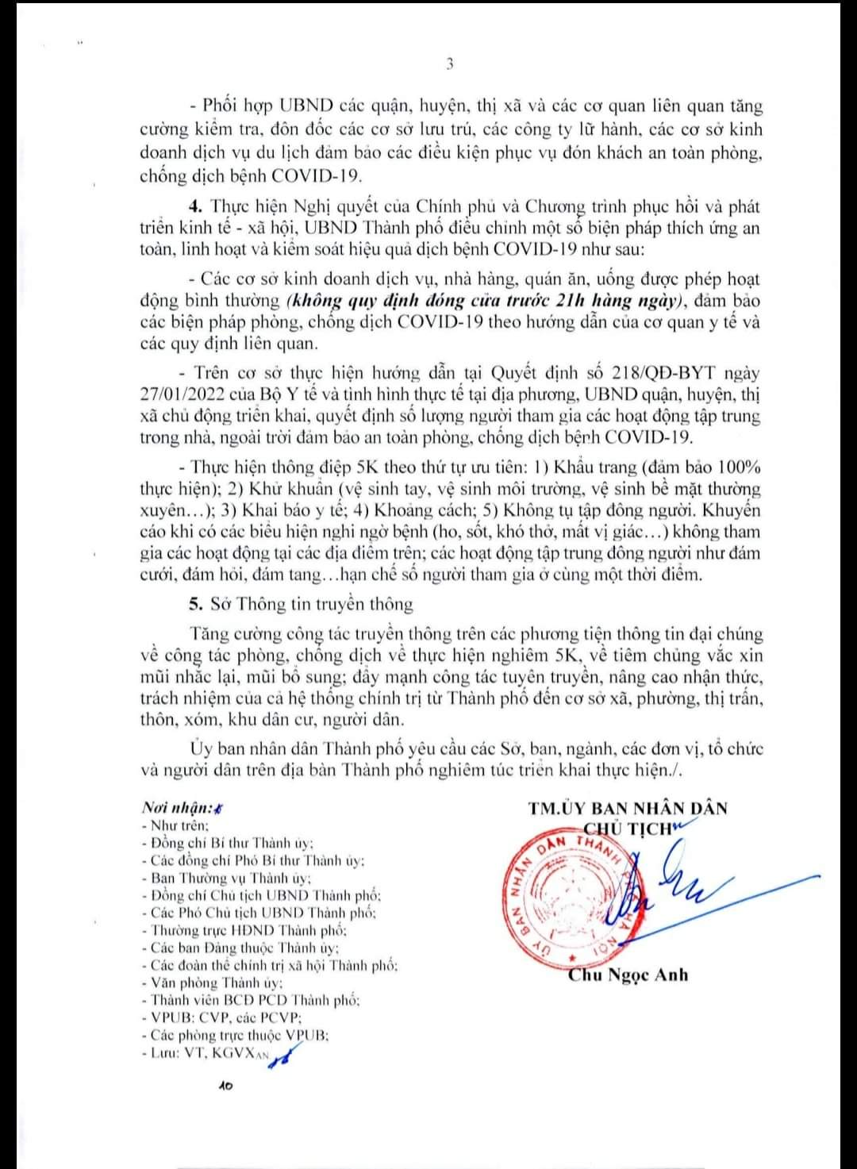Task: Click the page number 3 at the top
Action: click(449, 65)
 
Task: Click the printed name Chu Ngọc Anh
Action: click(628, 975)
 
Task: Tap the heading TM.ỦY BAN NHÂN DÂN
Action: click(628, 808)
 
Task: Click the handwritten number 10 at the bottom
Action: click(225, 1085)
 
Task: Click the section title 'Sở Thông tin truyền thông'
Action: click(312, 604)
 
